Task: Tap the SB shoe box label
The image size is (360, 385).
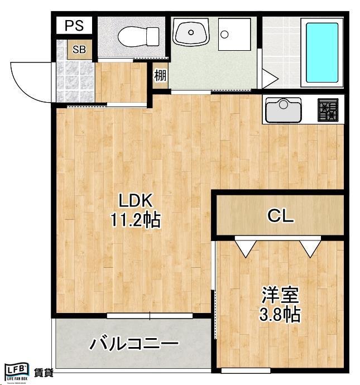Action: coord(79,49)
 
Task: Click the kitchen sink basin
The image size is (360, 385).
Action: coord(283,109)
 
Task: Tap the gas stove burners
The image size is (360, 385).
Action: coord(327,110)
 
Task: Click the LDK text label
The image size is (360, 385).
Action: coord(134,201)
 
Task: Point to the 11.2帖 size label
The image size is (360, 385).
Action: coord(135,220)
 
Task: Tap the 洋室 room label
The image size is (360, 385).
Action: coord(280,295)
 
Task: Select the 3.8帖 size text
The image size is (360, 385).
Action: coord(280,315)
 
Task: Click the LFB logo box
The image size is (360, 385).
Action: coord(16,371)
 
